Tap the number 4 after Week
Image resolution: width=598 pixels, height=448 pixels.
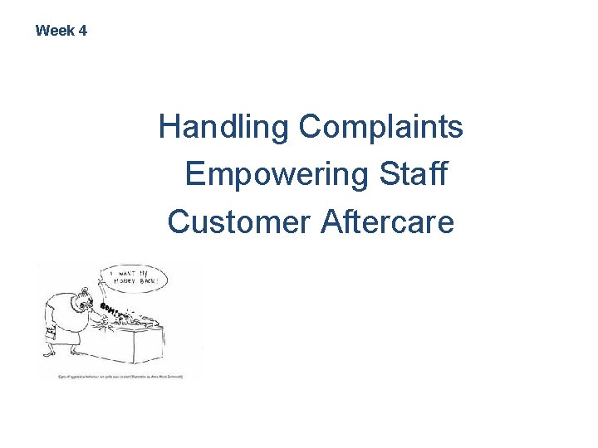pos(82,31)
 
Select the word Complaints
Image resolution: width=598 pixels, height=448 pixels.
pos(381,127)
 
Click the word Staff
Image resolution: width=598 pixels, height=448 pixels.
pos(413,174)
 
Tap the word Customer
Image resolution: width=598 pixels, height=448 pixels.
pos(238,222)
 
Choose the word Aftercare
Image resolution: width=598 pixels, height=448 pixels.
pos(387,222)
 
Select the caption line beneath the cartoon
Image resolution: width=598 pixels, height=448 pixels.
pos(120,376)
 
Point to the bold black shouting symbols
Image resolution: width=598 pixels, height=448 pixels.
pos(110,309)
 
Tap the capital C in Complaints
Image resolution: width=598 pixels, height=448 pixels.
pos(310,127)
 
